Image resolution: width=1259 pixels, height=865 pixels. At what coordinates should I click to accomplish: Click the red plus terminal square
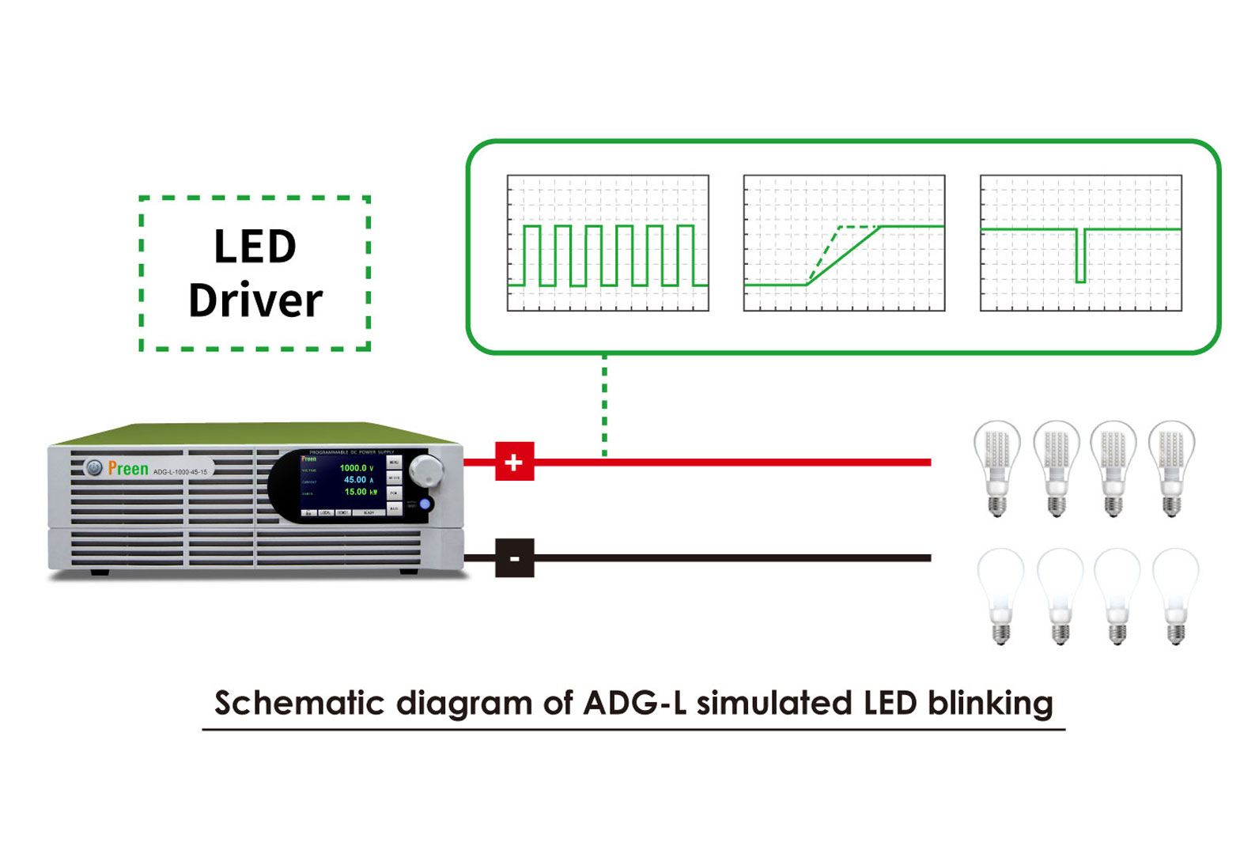coord(514,462)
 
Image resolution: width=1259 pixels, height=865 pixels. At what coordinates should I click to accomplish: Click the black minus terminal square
coord(514,558)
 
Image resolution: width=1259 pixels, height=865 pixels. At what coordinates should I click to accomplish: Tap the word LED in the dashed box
coord(255,247)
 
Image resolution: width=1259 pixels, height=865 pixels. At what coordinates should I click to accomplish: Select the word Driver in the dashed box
coord(255,300)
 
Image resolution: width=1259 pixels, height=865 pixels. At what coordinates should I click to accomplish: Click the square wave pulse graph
coord(607,244)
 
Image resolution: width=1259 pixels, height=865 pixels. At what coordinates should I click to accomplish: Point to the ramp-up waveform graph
coord(844,244)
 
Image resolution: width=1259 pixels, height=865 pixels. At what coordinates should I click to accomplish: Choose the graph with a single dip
coord(1080,244)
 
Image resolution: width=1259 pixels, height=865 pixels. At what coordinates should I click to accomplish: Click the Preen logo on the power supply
coord(127,469)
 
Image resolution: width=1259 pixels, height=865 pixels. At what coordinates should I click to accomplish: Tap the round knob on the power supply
coord(428,470)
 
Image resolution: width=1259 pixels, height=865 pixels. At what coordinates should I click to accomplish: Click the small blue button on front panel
coord(425,504)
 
